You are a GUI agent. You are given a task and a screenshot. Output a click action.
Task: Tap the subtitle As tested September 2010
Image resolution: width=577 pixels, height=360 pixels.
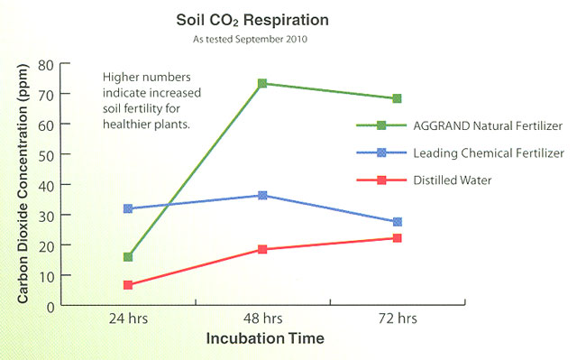[252, 40]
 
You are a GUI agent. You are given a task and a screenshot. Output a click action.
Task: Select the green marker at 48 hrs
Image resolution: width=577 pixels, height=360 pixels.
[262, 83]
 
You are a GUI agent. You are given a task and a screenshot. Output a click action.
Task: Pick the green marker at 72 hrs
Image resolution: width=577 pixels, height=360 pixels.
[397, 98]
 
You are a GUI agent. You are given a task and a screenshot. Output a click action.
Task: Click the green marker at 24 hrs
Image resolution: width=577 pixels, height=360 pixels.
[128, 257]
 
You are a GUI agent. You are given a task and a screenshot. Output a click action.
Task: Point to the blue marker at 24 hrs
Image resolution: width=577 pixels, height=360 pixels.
[128, 208]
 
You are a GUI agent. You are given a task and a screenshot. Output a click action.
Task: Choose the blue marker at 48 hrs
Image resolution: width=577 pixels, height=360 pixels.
[262, 195]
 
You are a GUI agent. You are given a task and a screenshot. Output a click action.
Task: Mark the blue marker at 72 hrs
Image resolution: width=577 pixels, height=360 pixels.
[397, 222]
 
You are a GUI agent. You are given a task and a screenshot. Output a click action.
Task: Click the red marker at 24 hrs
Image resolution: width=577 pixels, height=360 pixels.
[128, 285]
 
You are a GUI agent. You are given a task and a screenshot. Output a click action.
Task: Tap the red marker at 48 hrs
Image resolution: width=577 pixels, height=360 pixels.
[262, 249]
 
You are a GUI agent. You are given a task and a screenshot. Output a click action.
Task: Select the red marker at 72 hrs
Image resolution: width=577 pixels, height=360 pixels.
[397, 238]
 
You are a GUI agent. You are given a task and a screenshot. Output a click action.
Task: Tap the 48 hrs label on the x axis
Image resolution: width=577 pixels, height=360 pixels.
[262, 319]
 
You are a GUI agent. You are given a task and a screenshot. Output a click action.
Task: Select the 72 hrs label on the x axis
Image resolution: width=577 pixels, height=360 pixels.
[397, 319]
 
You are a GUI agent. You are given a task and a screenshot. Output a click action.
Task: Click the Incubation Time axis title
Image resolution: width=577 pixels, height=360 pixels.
[263, 337]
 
